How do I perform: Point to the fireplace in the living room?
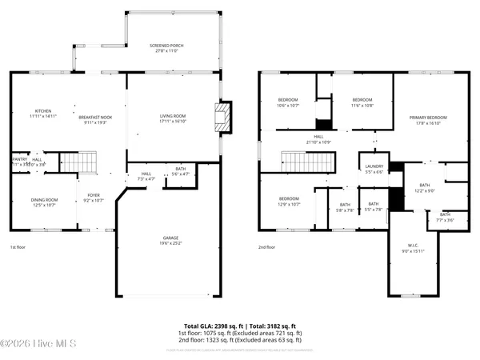[225, 117]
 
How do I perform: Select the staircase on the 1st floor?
[78, 163]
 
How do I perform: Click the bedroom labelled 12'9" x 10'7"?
[288, 202]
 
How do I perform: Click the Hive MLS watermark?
[27, 345]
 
